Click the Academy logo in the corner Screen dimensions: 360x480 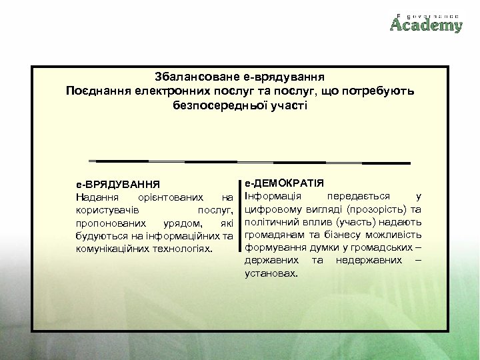click(426, 23)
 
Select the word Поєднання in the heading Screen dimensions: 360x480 click(99, 91)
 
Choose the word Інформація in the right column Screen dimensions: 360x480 click(273, 196)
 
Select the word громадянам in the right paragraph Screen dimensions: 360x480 click(275, 235)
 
